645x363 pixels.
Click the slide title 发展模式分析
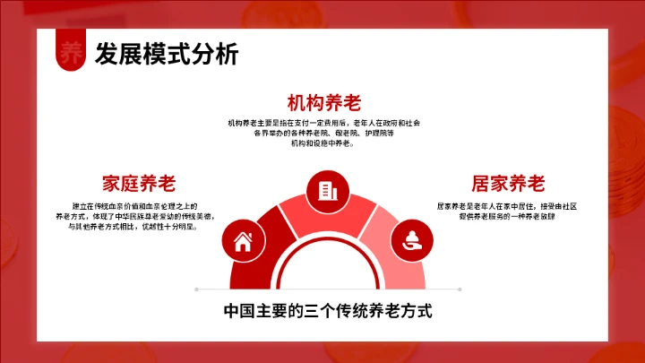point(167,55)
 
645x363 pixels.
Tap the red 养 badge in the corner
point(70,53)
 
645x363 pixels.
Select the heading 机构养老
point(323,101)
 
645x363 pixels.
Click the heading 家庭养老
point(139,184)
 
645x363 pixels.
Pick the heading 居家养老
point(508,184)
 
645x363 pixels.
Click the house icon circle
point(242,240)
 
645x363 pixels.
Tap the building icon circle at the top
point(323,190)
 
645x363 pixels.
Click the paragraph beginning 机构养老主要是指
point(323,133)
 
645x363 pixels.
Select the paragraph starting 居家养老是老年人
point(506,211)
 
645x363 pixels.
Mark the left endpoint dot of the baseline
point(196,290)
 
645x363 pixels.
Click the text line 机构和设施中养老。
point(322,143)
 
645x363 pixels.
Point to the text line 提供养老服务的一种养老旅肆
point(506,216)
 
